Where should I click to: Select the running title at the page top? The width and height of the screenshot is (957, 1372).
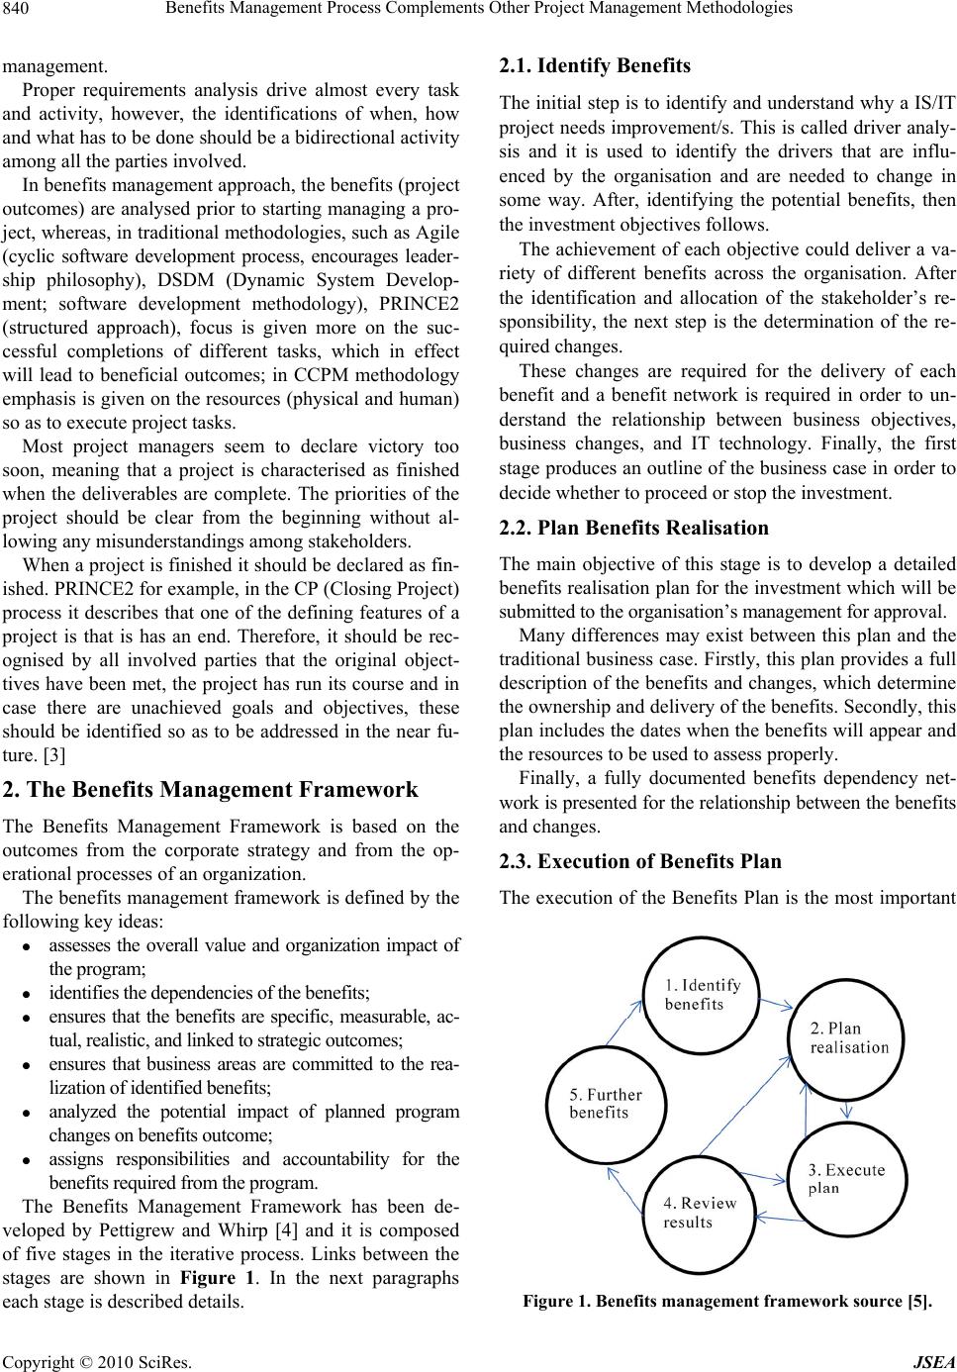[x=479, y=10]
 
